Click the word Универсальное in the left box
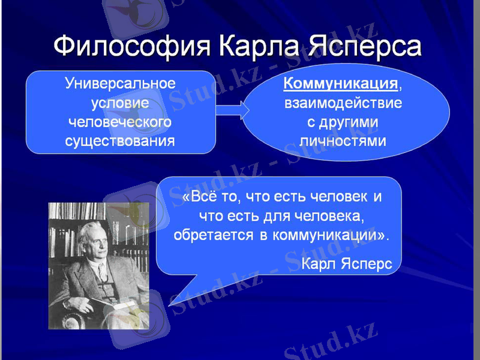click(120, 83)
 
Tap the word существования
click(120, 142)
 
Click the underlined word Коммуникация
click(341, 83)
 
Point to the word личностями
click(343, 142)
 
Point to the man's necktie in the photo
click(101, 274)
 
